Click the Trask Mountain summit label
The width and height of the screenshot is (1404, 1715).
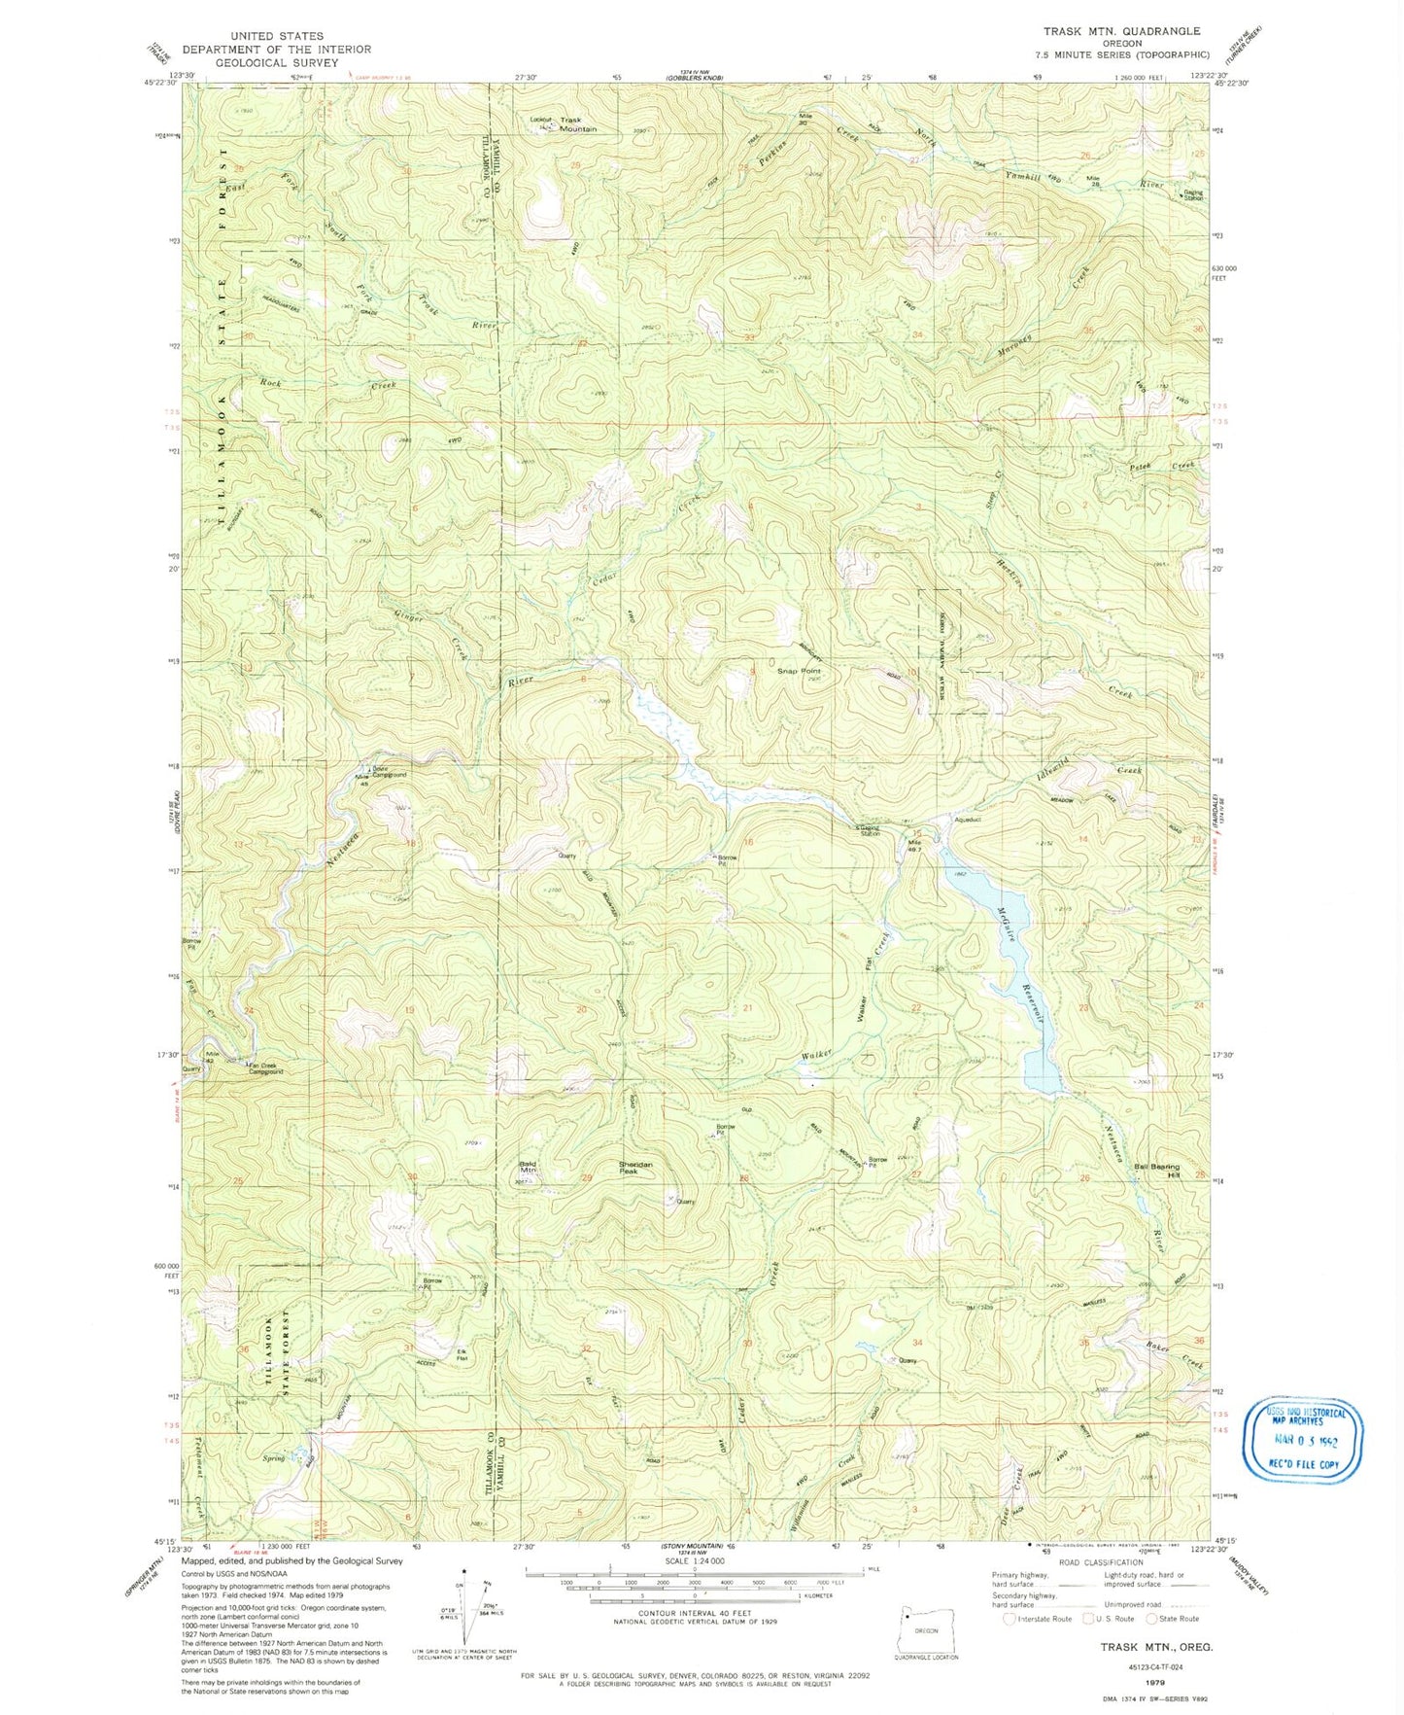577,124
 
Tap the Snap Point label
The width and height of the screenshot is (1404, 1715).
799,671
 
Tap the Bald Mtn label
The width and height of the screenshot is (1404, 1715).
529,1167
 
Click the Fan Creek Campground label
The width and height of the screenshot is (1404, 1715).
264,1068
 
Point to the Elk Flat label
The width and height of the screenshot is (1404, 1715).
462,1354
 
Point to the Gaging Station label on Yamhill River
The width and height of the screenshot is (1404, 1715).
1192,194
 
